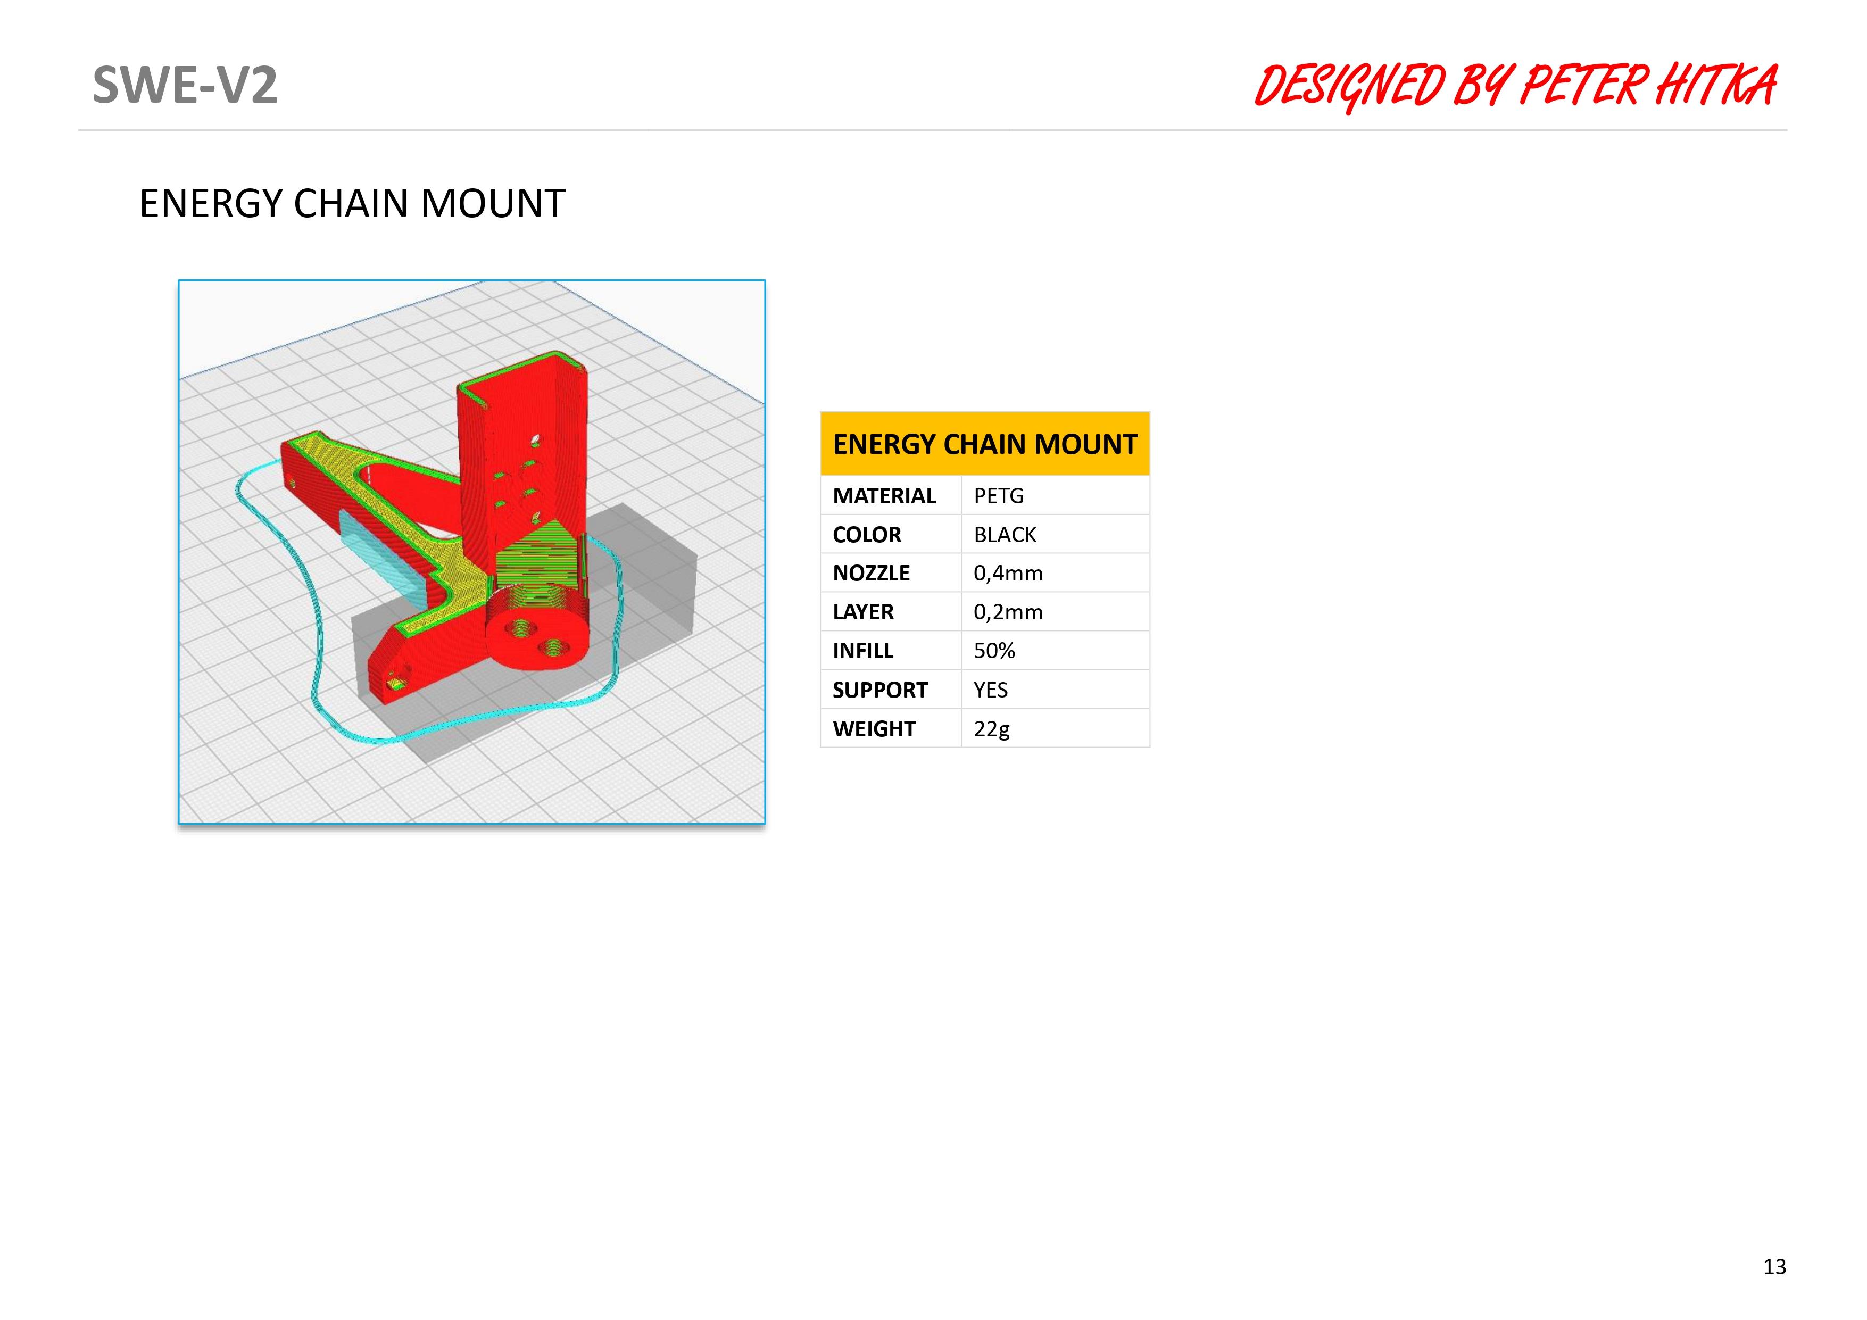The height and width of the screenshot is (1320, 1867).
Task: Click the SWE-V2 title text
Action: pyautogui.click(x=185, y=85)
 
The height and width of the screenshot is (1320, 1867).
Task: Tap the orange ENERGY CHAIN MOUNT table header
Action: pyautogui.click(x=985, y=444)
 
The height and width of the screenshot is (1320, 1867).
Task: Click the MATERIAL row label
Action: pyautogui.click(x=884, y=495)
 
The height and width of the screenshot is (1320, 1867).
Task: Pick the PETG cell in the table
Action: pyautogui.click(x=999, y=495)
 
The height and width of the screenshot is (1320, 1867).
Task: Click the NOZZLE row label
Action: pyautogui.click(x=871, y=574)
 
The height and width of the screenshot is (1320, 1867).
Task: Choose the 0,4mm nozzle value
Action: pyautogui.click(x=1008, y=574)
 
